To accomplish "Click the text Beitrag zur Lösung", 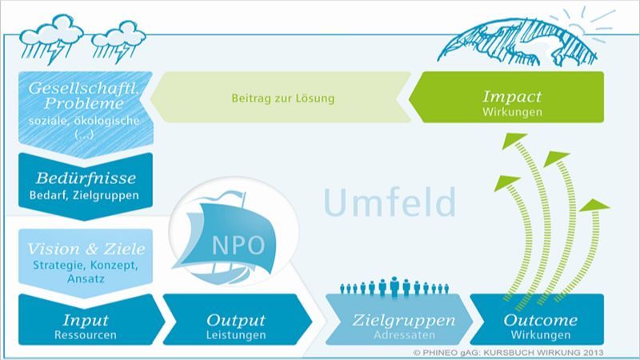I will coord(282,100).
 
